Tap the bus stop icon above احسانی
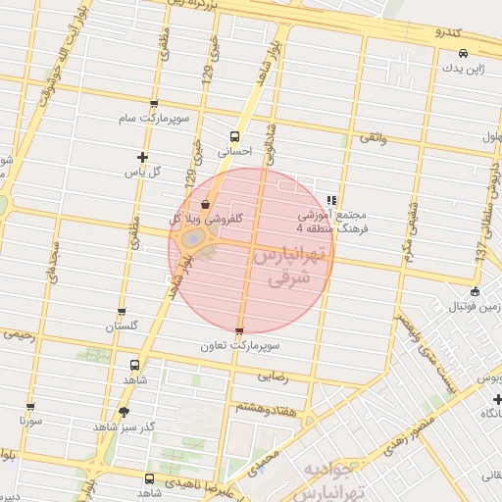234,136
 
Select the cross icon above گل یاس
144,157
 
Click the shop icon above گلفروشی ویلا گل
204,205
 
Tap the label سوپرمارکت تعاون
240,346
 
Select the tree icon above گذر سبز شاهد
123,412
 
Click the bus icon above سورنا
30,406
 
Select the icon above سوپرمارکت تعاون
240,331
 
